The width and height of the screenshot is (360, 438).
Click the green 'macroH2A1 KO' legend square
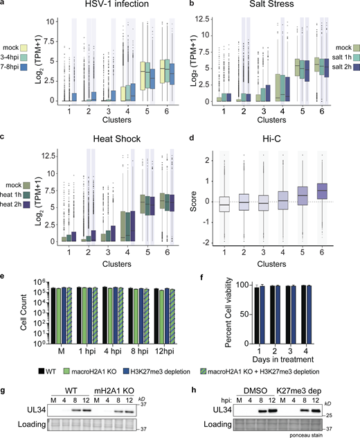(62, 362)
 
